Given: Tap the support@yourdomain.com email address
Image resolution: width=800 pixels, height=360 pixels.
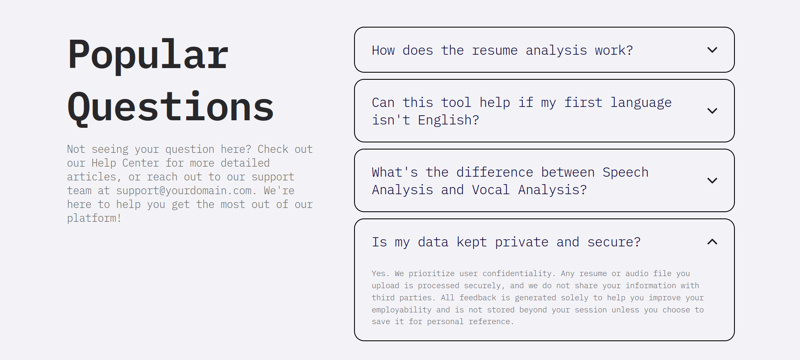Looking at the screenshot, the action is (184, 191).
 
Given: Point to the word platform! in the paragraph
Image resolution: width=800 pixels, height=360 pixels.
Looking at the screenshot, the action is (94, 218).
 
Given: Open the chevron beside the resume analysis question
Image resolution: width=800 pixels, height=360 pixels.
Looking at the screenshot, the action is (712, 50).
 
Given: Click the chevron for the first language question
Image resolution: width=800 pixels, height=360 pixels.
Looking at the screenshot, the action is (712, 111).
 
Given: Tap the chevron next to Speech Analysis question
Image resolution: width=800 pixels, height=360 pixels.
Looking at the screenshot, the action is (712, 181).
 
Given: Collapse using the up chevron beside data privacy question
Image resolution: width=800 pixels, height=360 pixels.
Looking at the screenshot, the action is (712, 242).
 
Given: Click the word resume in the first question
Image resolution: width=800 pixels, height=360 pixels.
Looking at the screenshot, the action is (495, 51).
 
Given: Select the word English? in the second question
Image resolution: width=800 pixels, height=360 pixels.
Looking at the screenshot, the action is (448, 120).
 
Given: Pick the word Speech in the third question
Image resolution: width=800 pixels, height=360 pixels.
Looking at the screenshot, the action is (625, 172).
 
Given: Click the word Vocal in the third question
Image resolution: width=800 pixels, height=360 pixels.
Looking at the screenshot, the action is (491, 190).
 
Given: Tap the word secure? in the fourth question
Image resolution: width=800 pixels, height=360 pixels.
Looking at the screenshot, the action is (614, 242).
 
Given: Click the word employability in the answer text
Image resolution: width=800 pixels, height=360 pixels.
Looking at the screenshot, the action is (402, 310).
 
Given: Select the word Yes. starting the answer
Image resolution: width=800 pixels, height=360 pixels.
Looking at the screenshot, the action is (380, 274).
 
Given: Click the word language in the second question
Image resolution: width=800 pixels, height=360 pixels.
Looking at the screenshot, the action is (641, 103).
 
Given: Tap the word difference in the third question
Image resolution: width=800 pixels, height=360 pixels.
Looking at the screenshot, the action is (495, 172).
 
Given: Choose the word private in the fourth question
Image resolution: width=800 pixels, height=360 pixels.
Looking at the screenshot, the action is (522, 242).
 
